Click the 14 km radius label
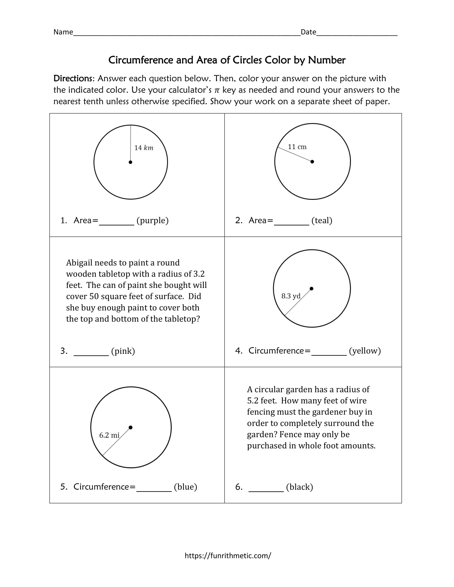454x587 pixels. (x=144, y=148)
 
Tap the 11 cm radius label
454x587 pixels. (x=297, y=147)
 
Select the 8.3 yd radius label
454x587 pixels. (x=291, y=296)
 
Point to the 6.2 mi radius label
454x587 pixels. (x=109, y=435)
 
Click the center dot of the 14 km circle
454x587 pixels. (x=130, y=162)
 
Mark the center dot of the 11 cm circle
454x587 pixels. (x=312, y=161)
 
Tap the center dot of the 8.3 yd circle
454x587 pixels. (x=311, y=289)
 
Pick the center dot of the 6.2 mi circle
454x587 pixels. (x=130, y=427)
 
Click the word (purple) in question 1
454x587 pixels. (x=152, y=220)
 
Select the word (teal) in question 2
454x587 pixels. (x=322, y=220)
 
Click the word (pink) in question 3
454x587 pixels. (x=123, y=351)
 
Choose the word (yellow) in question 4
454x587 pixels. (x=365, y=351)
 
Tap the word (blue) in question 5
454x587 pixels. (x=186, y=487)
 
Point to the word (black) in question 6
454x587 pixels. (x=300, y=487)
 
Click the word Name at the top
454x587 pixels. (x=63, y=32)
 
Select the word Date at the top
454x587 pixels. (x=308, y=32)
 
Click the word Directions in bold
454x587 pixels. (x=73, y=78)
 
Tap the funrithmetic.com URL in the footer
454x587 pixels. (x=228, y=556)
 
